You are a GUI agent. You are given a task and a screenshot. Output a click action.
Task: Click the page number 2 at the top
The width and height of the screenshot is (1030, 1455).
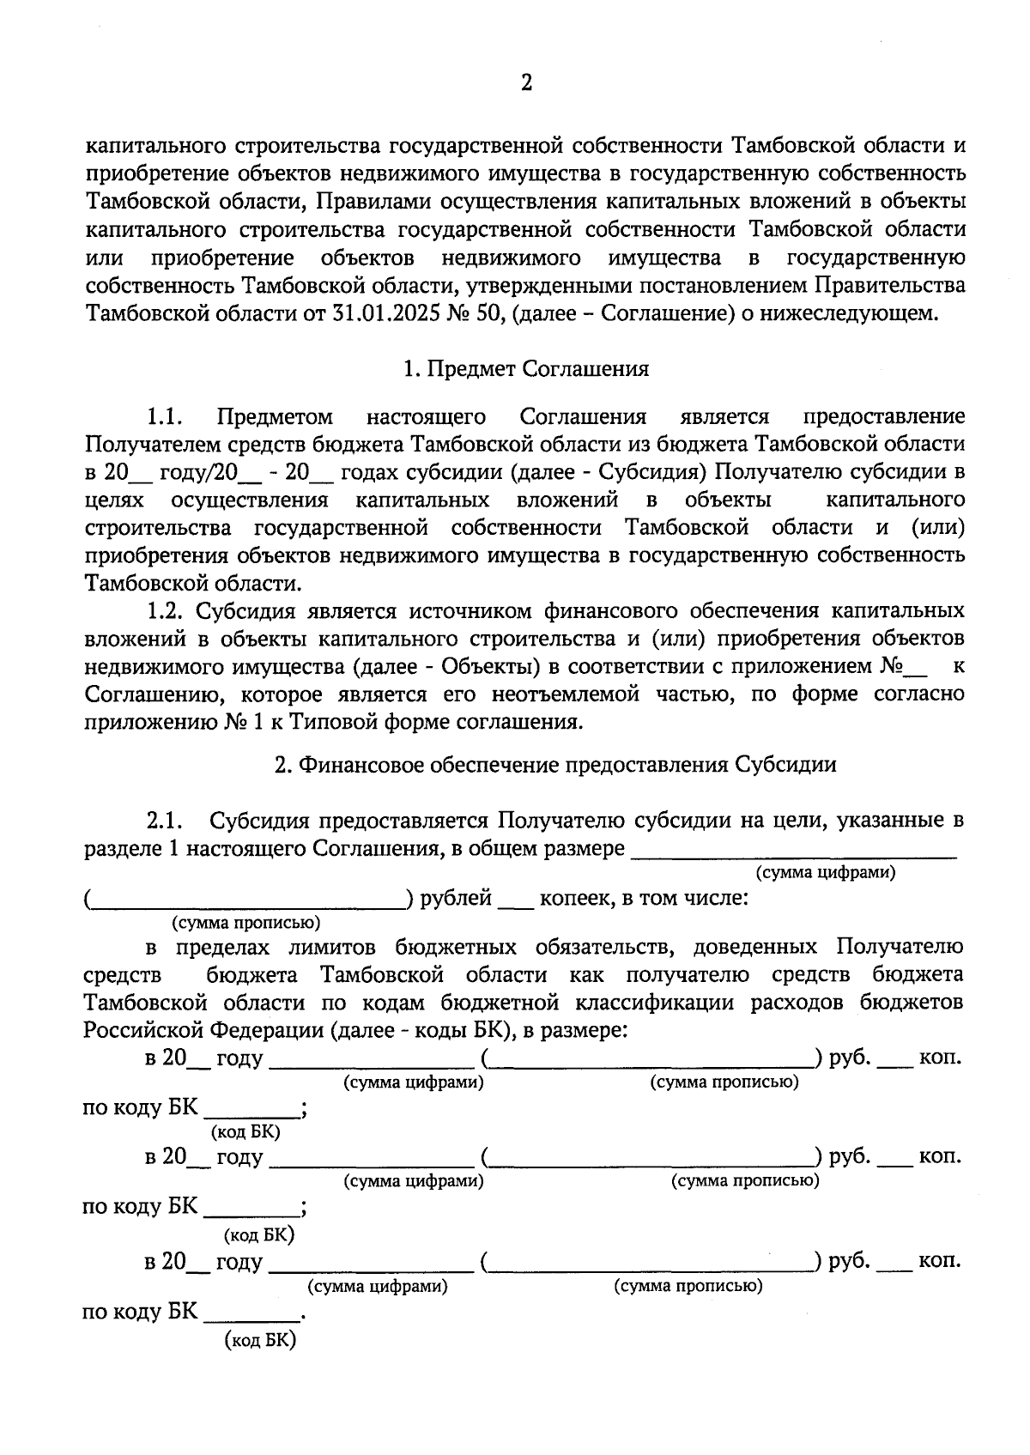coord(526,83)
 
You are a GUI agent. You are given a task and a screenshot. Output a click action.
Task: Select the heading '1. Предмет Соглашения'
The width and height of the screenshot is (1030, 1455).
coord(526,369)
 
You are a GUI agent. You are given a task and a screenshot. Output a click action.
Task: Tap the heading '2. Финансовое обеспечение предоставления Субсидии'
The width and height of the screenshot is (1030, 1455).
coord(554,764)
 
